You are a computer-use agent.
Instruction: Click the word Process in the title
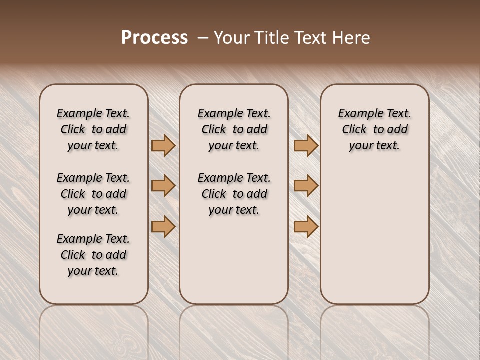click(154, 38)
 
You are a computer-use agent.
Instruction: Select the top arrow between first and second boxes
click(163, 145)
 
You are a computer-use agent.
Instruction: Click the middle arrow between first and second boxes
click(163, 186)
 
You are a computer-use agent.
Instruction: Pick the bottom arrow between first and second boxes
click(163, 227)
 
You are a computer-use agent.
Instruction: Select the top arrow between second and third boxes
click(306, 145)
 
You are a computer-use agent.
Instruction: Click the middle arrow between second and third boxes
click(306, 186)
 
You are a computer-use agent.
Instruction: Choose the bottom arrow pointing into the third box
click(306, 227)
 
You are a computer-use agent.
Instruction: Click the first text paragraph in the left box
click(93, 129)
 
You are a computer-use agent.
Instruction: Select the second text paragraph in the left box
click(93, 194)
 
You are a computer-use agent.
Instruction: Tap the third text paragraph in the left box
click(93, 255)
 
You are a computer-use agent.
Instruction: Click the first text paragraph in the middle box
click(234, 129)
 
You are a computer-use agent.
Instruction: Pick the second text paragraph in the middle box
click(234, 194)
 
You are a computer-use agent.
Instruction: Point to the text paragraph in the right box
click(375, 129)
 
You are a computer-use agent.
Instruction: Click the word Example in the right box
click(356, 114)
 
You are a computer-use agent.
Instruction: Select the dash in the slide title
click(203, 38)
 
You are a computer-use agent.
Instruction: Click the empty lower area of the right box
click(375, 240)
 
